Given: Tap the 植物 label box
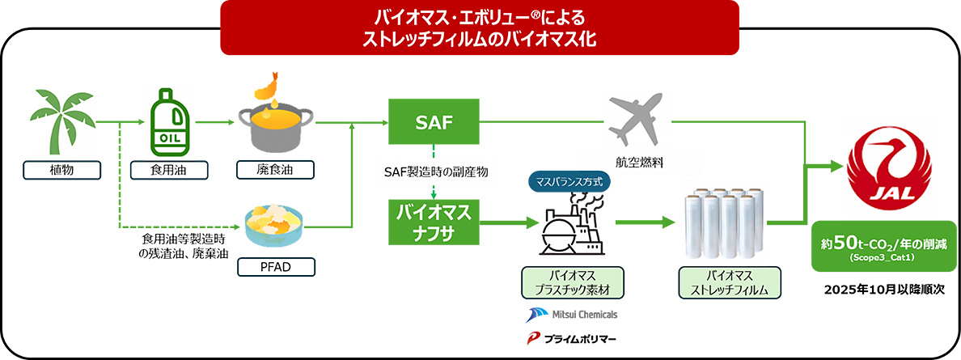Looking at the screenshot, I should [62, 170].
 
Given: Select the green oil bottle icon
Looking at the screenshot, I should [171, 125].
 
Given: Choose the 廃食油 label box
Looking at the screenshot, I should [275, 170].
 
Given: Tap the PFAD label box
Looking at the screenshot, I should [275, 266].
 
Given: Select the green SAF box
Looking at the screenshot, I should [433, 123].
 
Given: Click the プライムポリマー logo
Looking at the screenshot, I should [571, 338].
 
